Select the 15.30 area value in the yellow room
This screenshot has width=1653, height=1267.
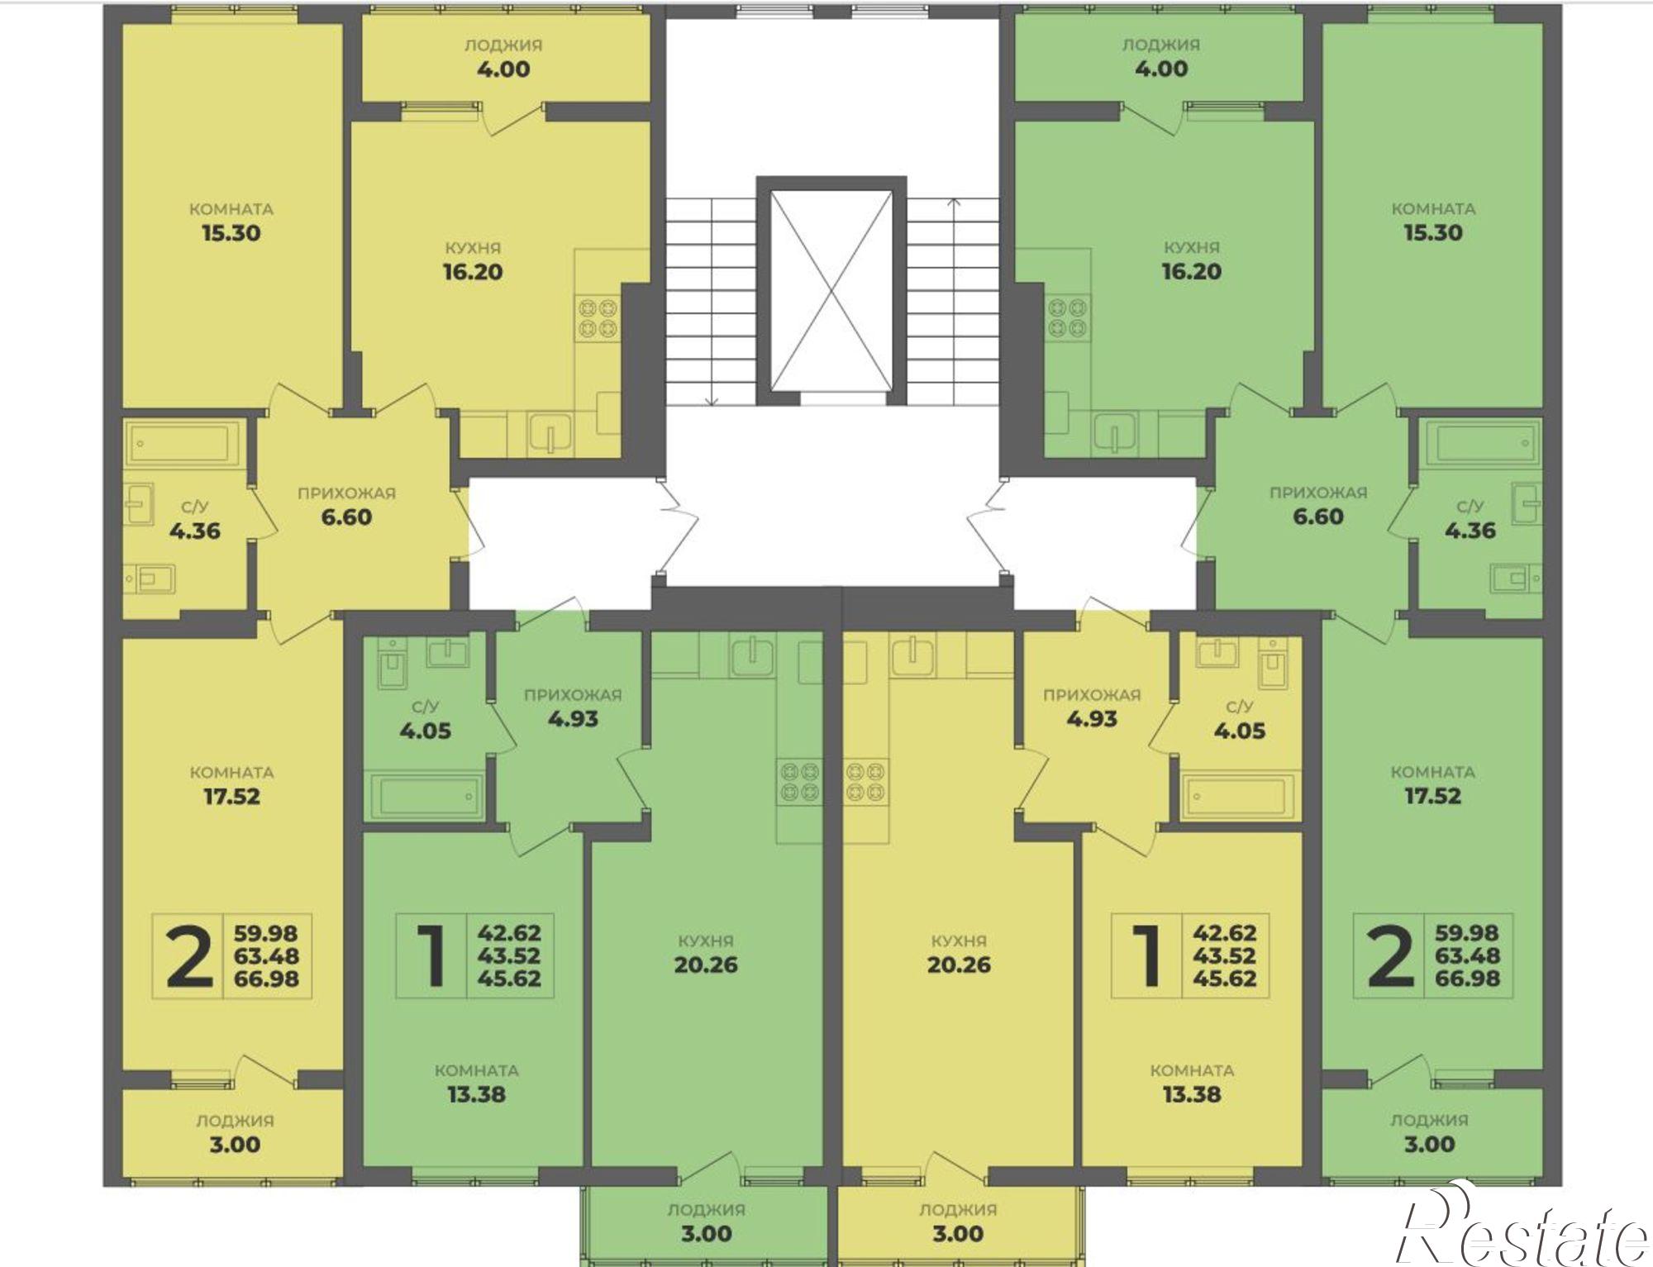click(231, 233)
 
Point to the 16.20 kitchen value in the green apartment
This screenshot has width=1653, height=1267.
click(1191, 272)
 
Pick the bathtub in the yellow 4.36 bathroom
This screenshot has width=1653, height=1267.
click(183, 443)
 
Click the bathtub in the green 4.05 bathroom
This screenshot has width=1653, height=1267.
click(425, 796)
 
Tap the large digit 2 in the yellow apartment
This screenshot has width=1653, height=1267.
click(189, 956)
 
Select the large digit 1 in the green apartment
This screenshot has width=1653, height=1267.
click(431, 956)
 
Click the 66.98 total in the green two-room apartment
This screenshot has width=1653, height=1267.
click(1467, 979)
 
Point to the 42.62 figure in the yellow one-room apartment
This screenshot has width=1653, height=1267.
click(1224, 933)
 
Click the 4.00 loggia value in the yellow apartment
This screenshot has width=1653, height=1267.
click(503, 69)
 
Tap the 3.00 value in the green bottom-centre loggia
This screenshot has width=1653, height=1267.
click(707, 1234)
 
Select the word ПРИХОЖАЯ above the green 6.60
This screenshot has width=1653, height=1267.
click(1317, 493)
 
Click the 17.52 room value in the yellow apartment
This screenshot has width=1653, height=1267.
click(231, 797)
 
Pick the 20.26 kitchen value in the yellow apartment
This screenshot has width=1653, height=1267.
click(959, 965)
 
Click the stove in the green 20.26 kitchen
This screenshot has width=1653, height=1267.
click(799, 781)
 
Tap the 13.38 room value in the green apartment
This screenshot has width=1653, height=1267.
click(476, 1094)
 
